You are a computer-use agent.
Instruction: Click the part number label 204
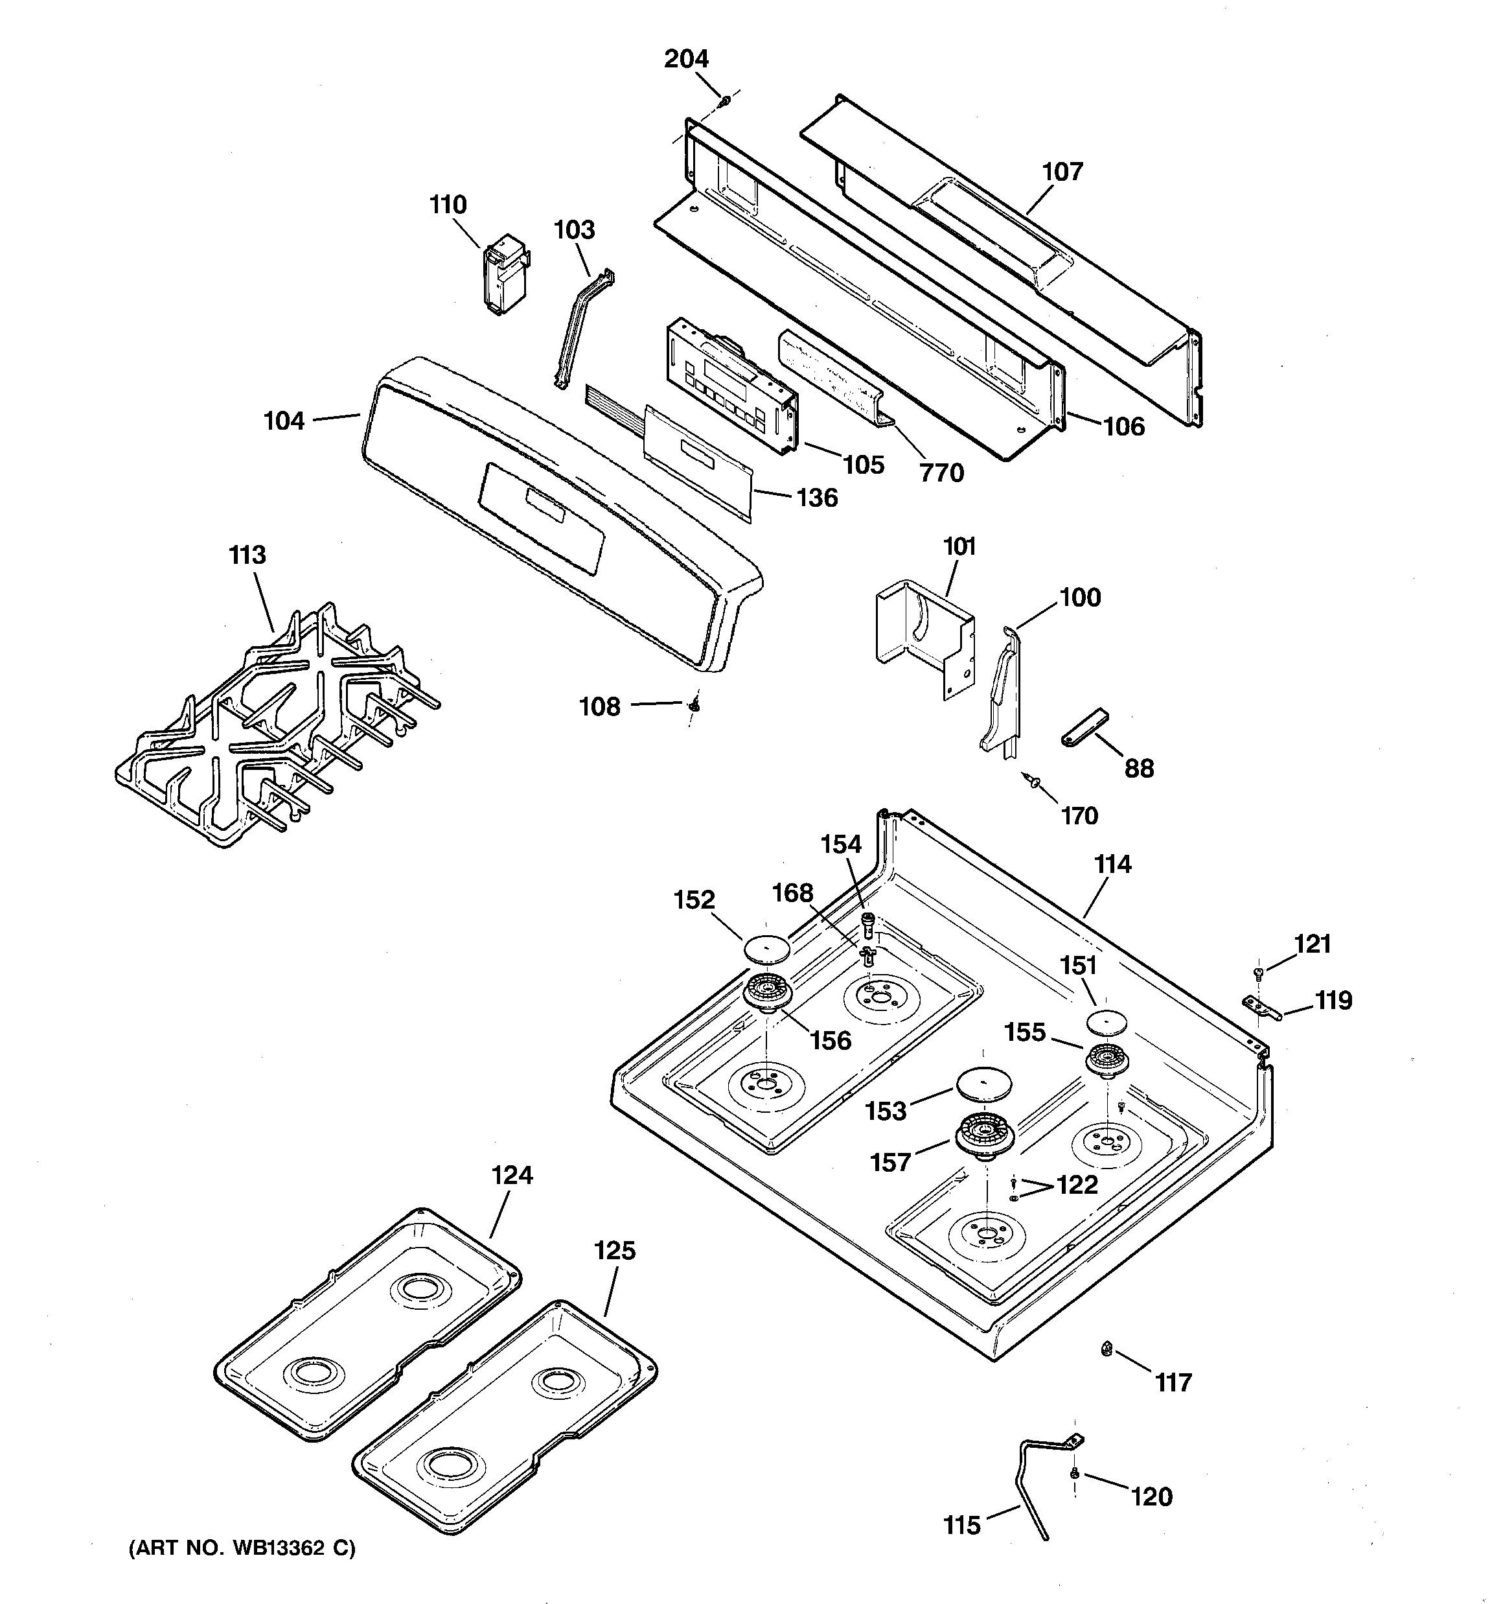(686, 59)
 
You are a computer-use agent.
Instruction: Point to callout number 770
(941, 472)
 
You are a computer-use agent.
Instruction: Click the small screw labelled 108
(694, 706)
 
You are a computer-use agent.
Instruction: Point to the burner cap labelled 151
(1108, 1021)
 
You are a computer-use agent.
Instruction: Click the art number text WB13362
(280, 1548)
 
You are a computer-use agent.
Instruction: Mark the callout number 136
(816, 497)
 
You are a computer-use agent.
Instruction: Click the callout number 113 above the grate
(247, 555)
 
